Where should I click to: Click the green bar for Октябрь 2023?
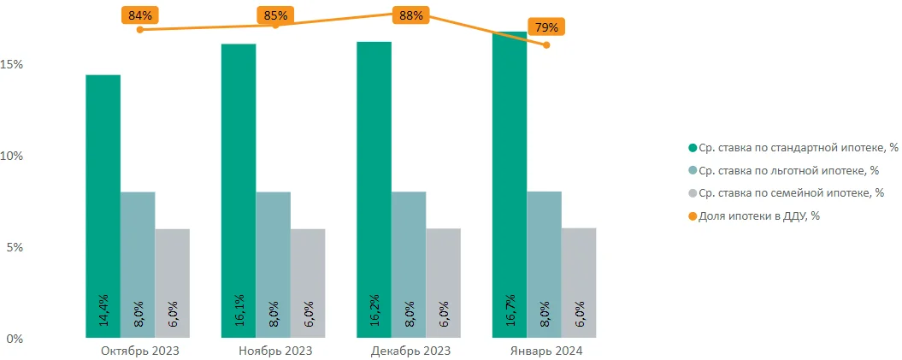click(x=103, y=205)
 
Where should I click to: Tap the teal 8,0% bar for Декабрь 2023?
click(x=409, y=264)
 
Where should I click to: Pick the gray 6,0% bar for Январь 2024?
click(x=579, y=282)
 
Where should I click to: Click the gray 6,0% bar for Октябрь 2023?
click(x=172, y=282)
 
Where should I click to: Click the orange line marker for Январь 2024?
click(x=547, y=44)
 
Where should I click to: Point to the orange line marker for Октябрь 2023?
click(x=140, y=30)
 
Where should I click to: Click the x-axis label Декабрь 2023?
click(x=410, y=351)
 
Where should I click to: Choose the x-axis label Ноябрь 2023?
click(x=275, y=351)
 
